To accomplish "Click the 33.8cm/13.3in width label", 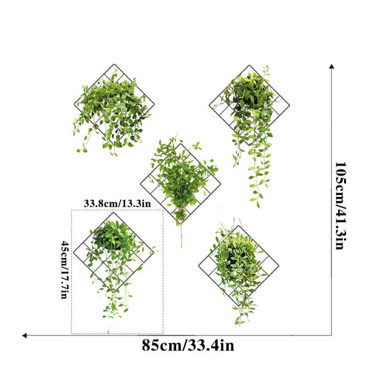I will (x=117, y=203).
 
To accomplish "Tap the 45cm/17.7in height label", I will (x=64, y=270).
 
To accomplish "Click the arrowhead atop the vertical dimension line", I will (x=331, y=66).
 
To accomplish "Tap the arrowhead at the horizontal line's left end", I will (x=25, y=335).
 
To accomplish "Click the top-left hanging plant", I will (x=110, y=110).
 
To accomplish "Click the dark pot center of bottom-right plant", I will (x=231, y=258).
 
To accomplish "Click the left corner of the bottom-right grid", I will (x=199, y=265).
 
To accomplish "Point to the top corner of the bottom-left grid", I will (x=113, y=213).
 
